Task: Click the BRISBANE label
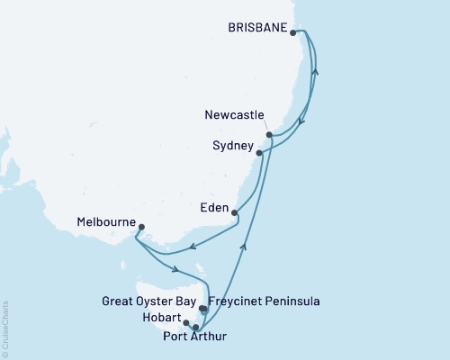pyautogui.click(x=258, y=29)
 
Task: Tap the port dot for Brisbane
pyautogui.click(x=293, y=32)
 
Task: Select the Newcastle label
pyautogui.click(x=234, y=115)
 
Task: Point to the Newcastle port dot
pyautogui.click(x=268, y=135)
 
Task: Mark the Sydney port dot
pyautogui.click(x=259, y=153)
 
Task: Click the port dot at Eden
pyautogui.click(x=235, y=213)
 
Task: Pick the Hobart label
pyautogui.click(x=162, y=319)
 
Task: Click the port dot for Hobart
pyautogui.click(x=186, y=322)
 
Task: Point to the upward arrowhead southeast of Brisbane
pyautogui.click(x=315, y=73)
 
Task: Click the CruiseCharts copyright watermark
pyautogui.click(x=5, y=328)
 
